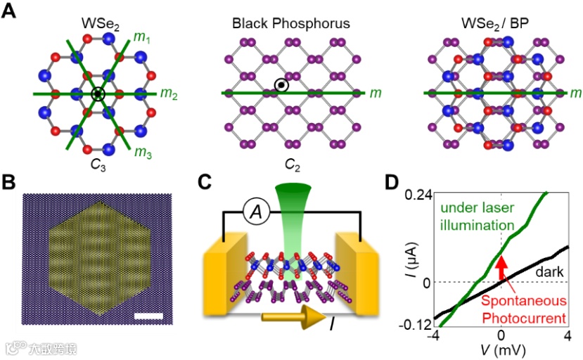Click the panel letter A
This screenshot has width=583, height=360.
(9, 12)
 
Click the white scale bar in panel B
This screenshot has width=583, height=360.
(148, 316)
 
